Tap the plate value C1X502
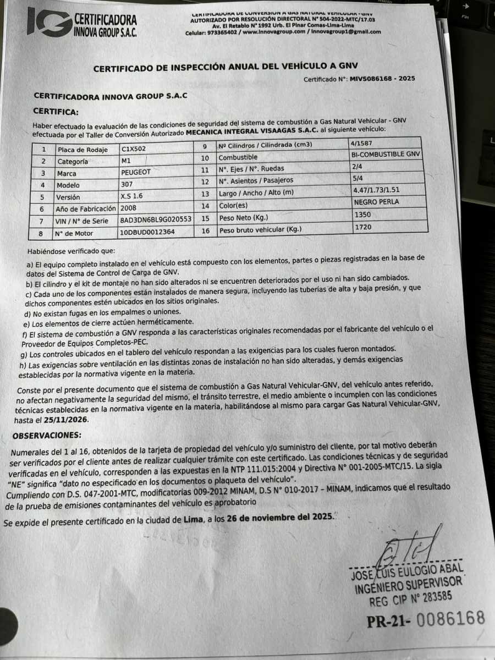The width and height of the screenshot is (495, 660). point(134,148)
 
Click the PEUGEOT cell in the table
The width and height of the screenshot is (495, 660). point(136,172)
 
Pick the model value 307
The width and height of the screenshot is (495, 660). point(127,185)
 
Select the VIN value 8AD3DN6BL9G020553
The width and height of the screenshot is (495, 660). point(156,220)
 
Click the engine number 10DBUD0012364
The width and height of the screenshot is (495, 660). point(148,233)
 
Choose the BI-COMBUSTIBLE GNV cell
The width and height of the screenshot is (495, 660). point(388,155)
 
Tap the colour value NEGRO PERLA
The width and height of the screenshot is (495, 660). point(377,202)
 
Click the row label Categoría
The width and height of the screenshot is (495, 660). point(73,161)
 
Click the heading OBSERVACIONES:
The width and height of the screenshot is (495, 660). point(47,436)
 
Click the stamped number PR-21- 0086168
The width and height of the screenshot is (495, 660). point(426,619)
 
